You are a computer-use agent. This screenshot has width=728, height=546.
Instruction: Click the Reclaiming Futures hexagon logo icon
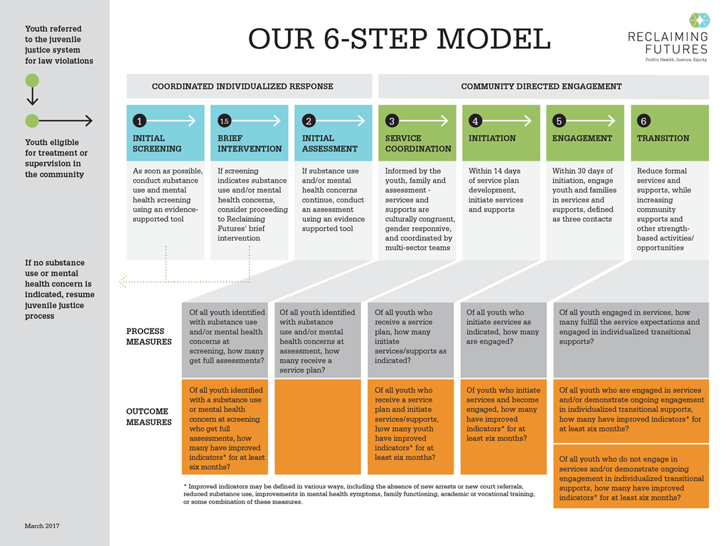(x=699, y=21)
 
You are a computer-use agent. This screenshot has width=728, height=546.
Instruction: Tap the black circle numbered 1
(x=140, y=121)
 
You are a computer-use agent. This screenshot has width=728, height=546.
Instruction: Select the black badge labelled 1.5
(x=224, y=121)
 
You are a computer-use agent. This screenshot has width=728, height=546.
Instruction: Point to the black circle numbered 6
(x=643, y=121)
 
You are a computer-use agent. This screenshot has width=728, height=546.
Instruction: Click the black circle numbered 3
(x=392, y=121)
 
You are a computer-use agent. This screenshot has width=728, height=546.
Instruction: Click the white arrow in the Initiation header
(x=510, y=121)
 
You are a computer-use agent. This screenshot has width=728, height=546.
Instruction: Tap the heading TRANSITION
(x=663, y=138)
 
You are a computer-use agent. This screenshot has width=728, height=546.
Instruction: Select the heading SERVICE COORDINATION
(x=418, y=143)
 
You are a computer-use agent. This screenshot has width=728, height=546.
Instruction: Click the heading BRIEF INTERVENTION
(x=250, y=143)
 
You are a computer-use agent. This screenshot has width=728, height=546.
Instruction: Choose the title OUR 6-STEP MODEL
(x=399, y=38)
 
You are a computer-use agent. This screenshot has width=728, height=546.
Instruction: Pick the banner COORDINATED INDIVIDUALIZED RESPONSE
(x=242, y=87)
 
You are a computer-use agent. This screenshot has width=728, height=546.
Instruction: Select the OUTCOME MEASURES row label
(x=149, y=417)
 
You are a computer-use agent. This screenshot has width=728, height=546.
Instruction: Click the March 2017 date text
(x=42, y=526)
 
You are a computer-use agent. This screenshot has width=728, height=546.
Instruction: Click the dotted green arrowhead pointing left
(x=123, y=282)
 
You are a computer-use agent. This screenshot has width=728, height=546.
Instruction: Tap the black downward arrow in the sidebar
(x=32, y=98)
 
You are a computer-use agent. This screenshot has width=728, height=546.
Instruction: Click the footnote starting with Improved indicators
(x=359, y=493)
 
